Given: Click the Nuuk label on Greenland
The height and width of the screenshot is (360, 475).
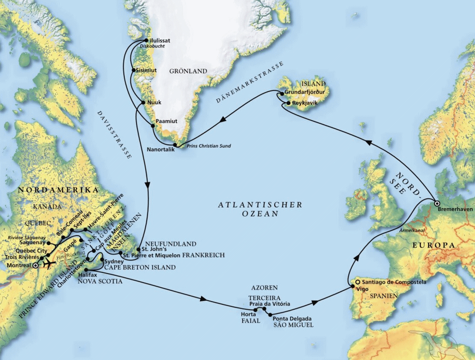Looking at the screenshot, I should pyautogui.click(x=154, y=103).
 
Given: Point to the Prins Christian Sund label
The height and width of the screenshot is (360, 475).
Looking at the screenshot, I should pyautogui.click(x=209, y=146).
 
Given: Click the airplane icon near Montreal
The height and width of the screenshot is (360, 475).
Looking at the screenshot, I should pyautogui.click(x=48, y=265).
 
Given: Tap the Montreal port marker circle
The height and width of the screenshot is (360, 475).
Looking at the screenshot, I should pyautogui.click(x=35, y=266).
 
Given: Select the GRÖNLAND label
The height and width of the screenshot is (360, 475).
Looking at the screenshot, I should pyautogui.click(x=188, y=71).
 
